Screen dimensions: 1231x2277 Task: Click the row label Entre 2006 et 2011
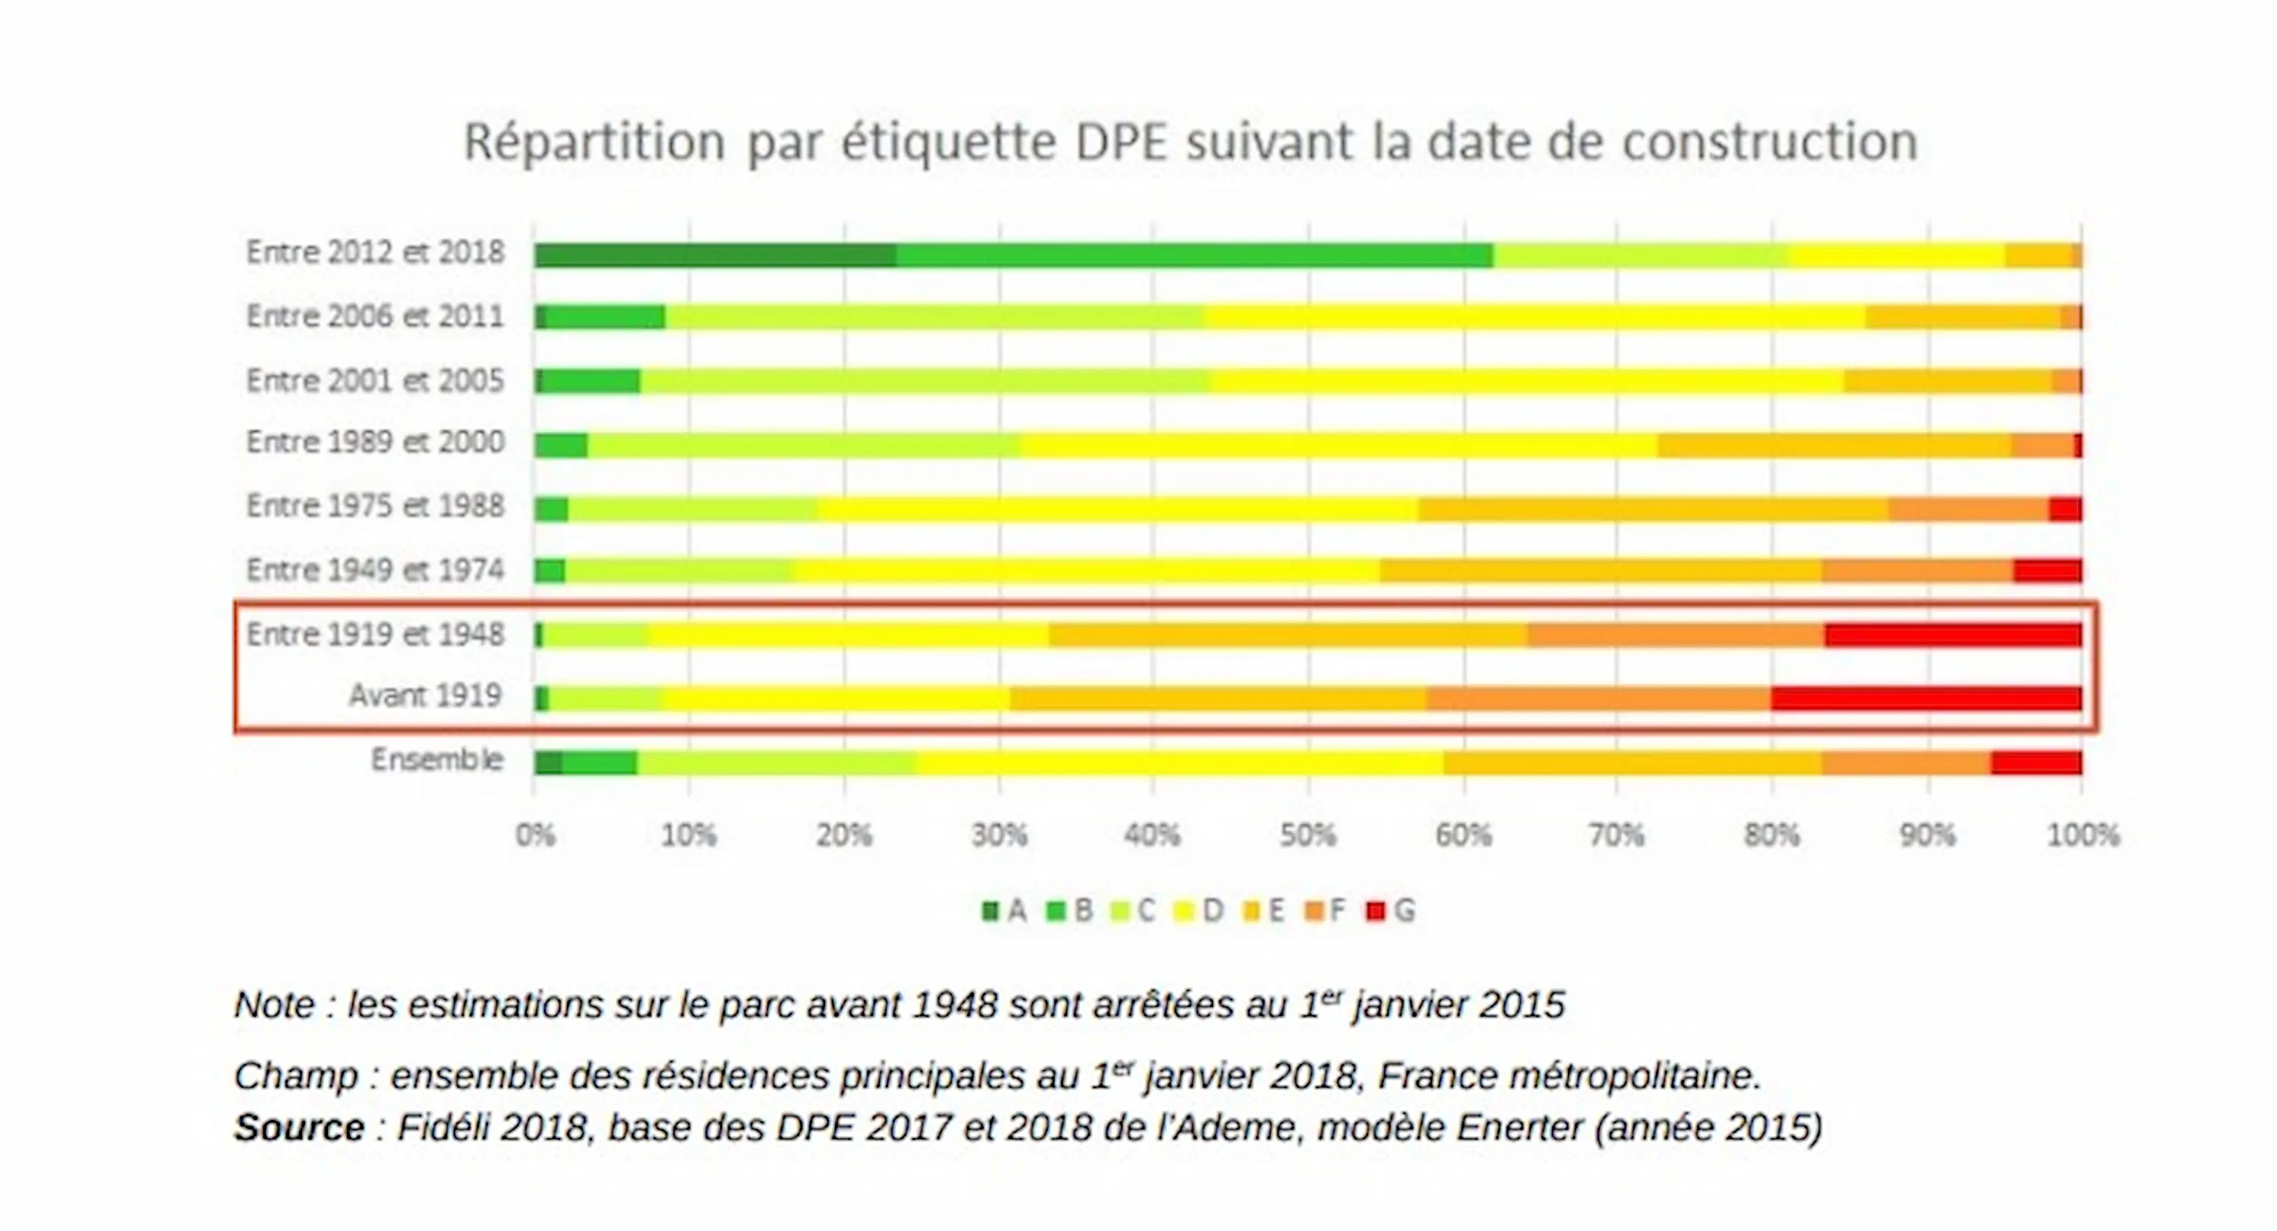tap(375, 317)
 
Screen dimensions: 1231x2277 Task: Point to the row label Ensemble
tap(436, 759)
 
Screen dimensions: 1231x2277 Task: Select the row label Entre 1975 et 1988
tap(375, 507)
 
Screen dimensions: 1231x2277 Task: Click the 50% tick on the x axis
tap(1307, 835)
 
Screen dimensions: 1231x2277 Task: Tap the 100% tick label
tap(2083, 835)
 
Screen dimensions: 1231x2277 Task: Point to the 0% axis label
tap(536, 835)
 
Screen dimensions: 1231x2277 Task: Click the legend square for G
tap(1375, 911)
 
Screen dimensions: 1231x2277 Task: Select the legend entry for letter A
tap(1004, 911)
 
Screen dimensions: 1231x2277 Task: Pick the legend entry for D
tap(1198, 911)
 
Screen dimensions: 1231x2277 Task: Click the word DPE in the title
tap(1121, 141)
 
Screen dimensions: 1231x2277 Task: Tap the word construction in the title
tap(1770, 141)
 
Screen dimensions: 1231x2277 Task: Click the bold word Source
tap(299, 1128)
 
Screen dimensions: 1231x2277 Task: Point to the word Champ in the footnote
tap(295, 1076)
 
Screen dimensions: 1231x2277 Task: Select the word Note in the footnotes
tap(274, 1005)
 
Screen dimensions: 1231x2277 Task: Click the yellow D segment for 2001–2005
tap(1526, 382)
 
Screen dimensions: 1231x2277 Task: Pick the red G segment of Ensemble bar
tap(2036, 762)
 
